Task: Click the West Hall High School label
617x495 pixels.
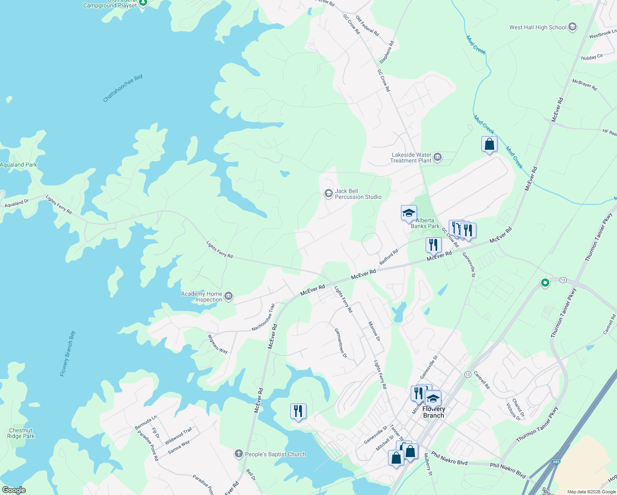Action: coord(538,28)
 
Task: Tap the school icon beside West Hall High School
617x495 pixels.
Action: coord(572,27)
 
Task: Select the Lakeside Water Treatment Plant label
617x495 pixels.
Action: coord(411,158)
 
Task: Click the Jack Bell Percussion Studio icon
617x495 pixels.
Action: coord(328,194)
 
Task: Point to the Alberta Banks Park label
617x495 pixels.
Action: coord(425,223)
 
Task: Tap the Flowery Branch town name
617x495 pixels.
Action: coord(433,412)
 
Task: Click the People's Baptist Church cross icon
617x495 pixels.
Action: coord(238,454)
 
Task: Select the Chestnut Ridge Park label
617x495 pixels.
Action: coord(21,433)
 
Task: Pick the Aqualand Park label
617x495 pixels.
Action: coord(19,165)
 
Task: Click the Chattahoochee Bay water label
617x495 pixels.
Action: coord(122,88)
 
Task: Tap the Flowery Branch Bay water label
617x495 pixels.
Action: coord(68,354)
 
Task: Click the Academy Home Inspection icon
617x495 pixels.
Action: coord(229,296)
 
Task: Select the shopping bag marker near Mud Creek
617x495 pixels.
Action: coord(489,144)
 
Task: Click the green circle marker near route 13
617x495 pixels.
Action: coord(545,283)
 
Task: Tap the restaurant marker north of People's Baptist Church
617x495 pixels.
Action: coord(298,411)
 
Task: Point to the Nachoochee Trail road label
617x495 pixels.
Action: coord(263,318)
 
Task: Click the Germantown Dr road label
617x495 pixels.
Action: coord(341,343)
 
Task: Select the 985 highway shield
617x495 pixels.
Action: coord(556,462)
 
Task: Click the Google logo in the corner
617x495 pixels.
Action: coord(14,490)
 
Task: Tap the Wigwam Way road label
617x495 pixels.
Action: coord(217,344)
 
